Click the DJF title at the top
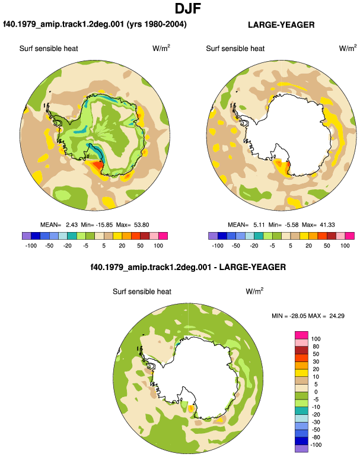coord(188,9)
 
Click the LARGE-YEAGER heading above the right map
coord(281,25)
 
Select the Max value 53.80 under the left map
coord(142,225)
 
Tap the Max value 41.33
coord(327,225)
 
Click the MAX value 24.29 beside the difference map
coord(337,316)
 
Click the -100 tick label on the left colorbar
coord(31,245)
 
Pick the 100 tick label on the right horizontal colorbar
coord(345,245)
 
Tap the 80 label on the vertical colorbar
coord(316,346)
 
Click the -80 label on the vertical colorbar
coord(315,437)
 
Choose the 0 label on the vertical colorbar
coord(316,392)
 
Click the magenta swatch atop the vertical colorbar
coord(301,335)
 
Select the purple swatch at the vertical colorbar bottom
coord(301,449)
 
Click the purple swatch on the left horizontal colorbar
coord(27,236)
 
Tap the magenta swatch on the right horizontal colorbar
coord(350,236)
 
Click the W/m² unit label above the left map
coord(161,48)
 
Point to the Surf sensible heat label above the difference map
coord(142,291)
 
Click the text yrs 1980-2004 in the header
coord(157,24)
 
